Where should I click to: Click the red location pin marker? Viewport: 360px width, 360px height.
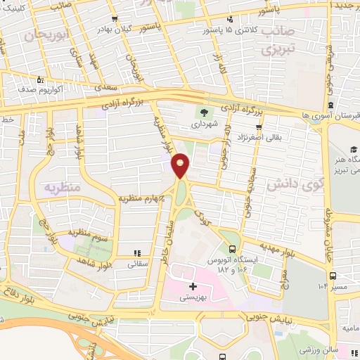[181, 165]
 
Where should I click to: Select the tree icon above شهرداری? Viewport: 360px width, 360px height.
[205, 112]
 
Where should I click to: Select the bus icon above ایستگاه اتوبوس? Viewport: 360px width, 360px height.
[232, 248]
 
